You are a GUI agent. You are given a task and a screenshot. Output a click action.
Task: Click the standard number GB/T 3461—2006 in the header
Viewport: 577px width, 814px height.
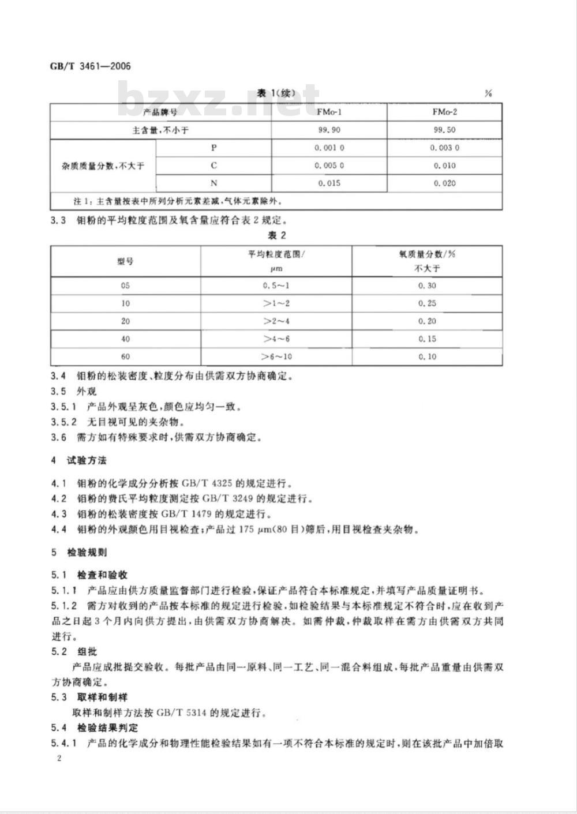(91, 66)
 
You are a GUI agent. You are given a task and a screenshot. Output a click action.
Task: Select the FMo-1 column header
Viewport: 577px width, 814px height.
(329, 112)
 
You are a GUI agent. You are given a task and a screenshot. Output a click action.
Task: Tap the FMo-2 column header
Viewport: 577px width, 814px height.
(444, 112)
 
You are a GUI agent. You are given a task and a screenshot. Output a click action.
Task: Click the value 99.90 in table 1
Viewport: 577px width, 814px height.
(329, 130)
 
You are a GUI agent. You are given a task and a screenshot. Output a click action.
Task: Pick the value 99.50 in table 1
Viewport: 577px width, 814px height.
(444, 130)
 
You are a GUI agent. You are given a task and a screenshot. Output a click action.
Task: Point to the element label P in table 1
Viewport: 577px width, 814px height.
(213, 148)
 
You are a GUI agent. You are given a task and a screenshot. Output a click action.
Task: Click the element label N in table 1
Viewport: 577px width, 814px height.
(213, 183)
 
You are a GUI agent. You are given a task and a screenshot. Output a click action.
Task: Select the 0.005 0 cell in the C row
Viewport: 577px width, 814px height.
(329, 166)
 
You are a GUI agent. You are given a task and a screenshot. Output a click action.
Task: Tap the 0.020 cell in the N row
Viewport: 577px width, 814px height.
(444, 183)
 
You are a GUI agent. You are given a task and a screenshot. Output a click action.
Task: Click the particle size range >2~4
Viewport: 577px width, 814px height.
(277, 321)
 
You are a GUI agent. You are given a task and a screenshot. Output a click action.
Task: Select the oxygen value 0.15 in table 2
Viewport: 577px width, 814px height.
(427, 339)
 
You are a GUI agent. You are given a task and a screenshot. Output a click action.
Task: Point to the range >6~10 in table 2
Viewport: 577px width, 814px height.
(277, 357)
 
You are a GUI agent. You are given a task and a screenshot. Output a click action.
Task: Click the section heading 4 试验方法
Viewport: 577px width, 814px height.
(79, 460)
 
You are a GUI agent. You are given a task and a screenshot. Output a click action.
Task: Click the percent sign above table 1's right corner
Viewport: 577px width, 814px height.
(488, 93)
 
